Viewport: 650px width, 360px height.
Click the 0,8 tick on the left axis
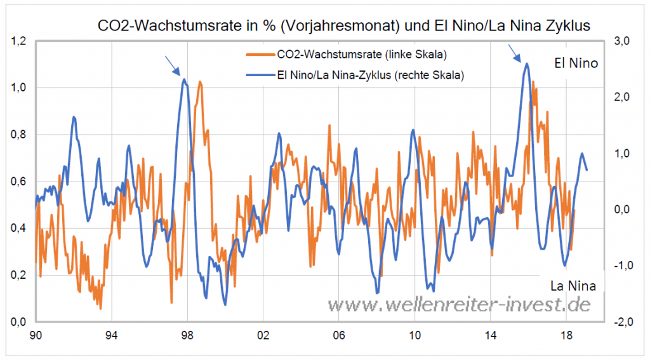point(18,135)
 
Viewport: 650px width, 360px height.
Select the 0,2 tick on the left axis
point(18,275)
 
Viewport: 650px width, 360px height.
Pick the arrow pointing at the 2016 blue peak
point(515,53)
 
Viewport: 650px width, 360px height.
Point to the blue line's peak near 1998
point(184,79)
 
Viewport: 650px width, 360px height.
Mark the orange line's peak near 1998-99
point(200,82)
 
